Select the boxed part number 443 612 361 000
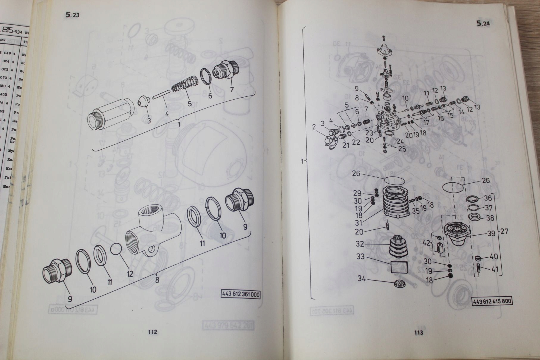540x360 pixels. (241, 295)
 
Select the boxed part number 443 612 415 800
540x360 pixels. (492, 301)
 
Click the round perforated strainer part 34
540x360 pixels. (397, 283)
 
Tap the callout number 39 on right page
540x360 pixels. (491, 233)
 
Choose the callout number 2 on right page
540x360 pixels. (313, 127)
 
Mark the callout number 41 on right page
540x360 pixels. (494, 270)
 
